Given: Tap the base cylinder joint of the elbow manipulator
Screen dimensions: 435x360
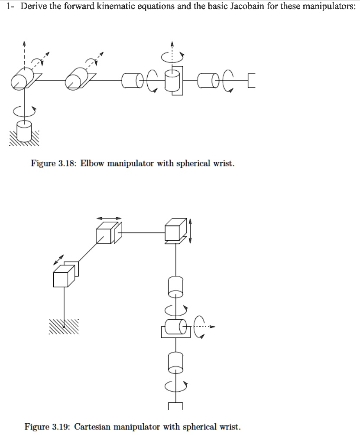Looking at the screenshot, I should click(x=24, y=131).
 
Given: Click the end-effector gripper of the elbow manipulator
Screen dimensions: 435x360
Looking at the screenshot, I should click(x=251, y=81).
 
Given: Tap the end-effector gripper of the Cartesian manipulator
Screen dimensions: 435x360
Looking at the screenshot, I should click(x=175, y=406).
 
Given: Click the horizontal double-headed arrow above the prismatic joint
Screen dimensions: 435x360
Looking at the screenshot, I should click(x=108, y=218).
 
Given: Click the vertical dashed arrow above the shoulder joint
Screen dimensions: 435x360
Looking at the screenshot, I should click(x=25, y=54).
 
